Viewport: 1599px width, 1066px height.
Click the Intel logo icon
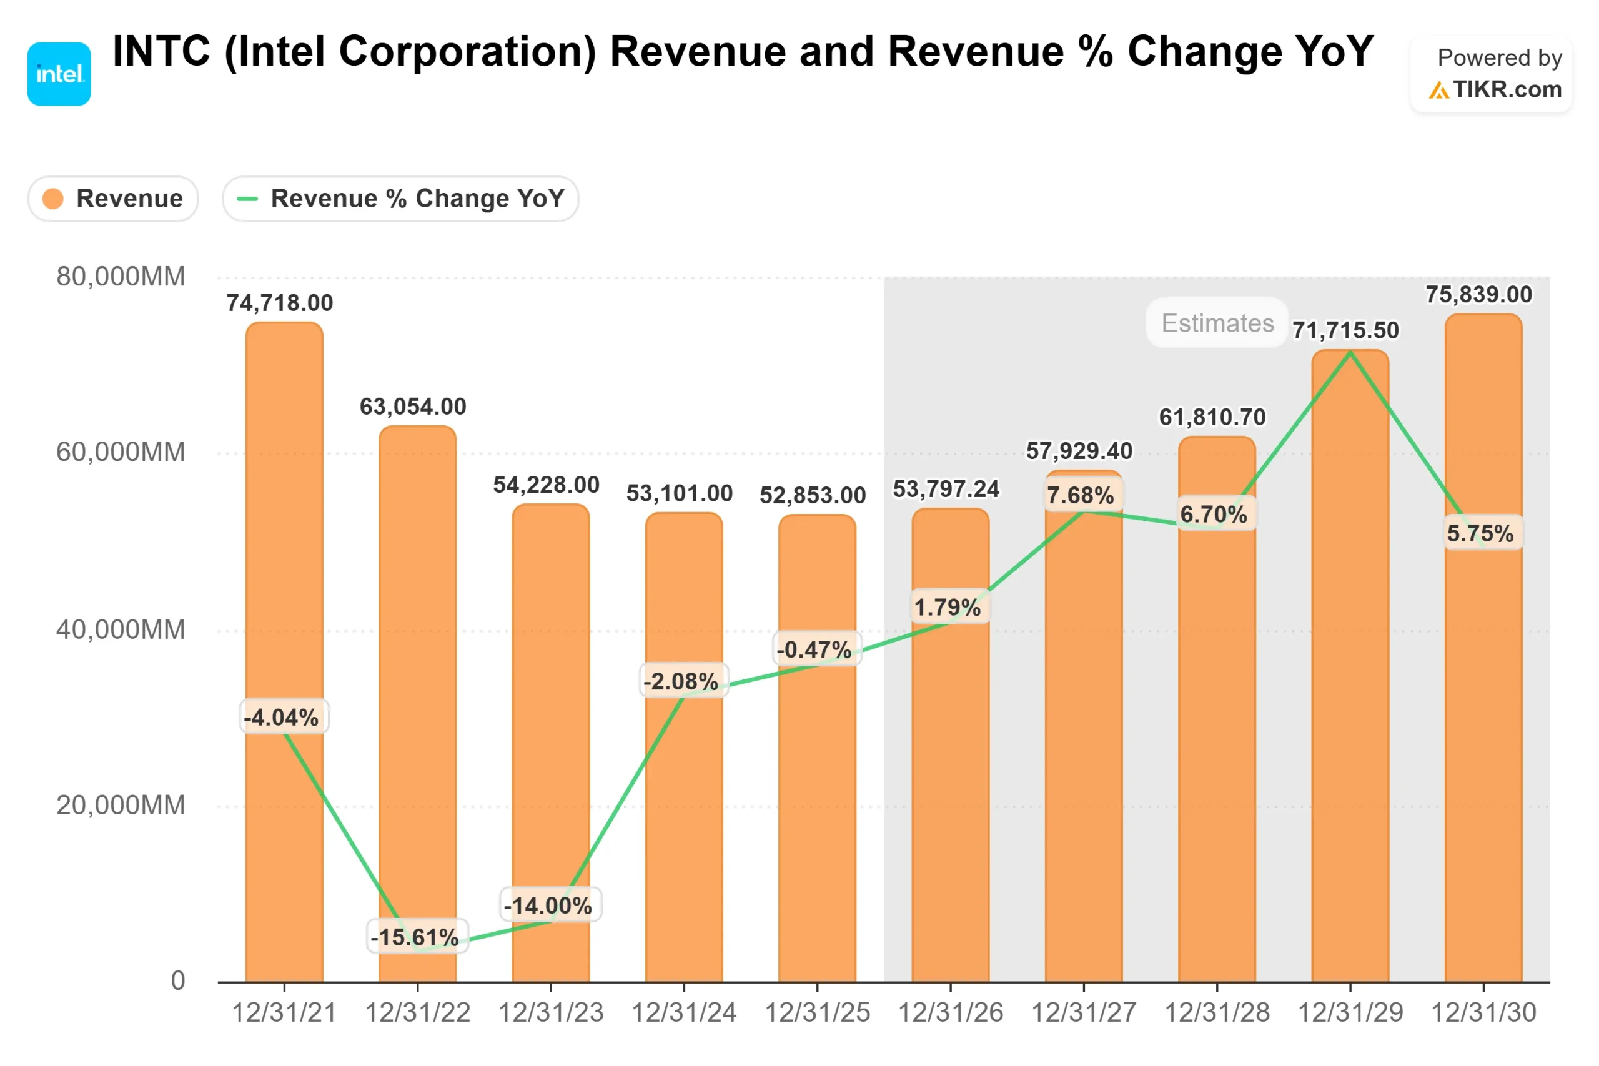pos(59,74)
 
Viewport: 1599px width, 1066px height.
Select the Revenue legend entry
pos(114,199)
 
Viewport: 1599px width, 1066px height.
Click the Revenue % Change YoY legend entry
pos(400,199)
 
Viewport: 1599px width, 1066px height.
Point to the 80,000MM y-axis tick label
pos(121,277)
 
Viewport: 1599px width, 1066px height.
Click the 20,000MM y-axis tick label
pos(121,806)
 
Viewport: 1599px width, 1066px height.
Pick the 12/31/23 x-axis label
pos(551,1013)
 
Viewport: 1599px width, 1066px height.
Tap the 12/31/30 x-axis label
pos(1483,1013)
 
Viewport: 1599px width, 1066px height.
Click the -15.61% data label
pos(415,937)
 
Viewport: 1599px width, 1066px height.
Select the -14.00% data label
pos(548,906)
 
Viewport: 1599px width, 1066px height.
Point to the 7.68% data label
pos(1081,496)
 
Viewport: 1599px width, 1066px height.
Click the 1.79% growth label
pos(947,607)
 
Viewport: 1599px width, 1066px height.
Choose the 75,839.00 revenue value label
pos(1478,295)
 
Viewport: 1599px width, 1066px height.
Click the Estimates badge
pos(1217,323)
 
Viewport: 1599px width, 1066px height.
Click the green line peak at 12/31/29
pos(1350,352)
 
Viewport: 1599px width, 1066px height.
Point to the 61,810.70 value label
pos(1212,417)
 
